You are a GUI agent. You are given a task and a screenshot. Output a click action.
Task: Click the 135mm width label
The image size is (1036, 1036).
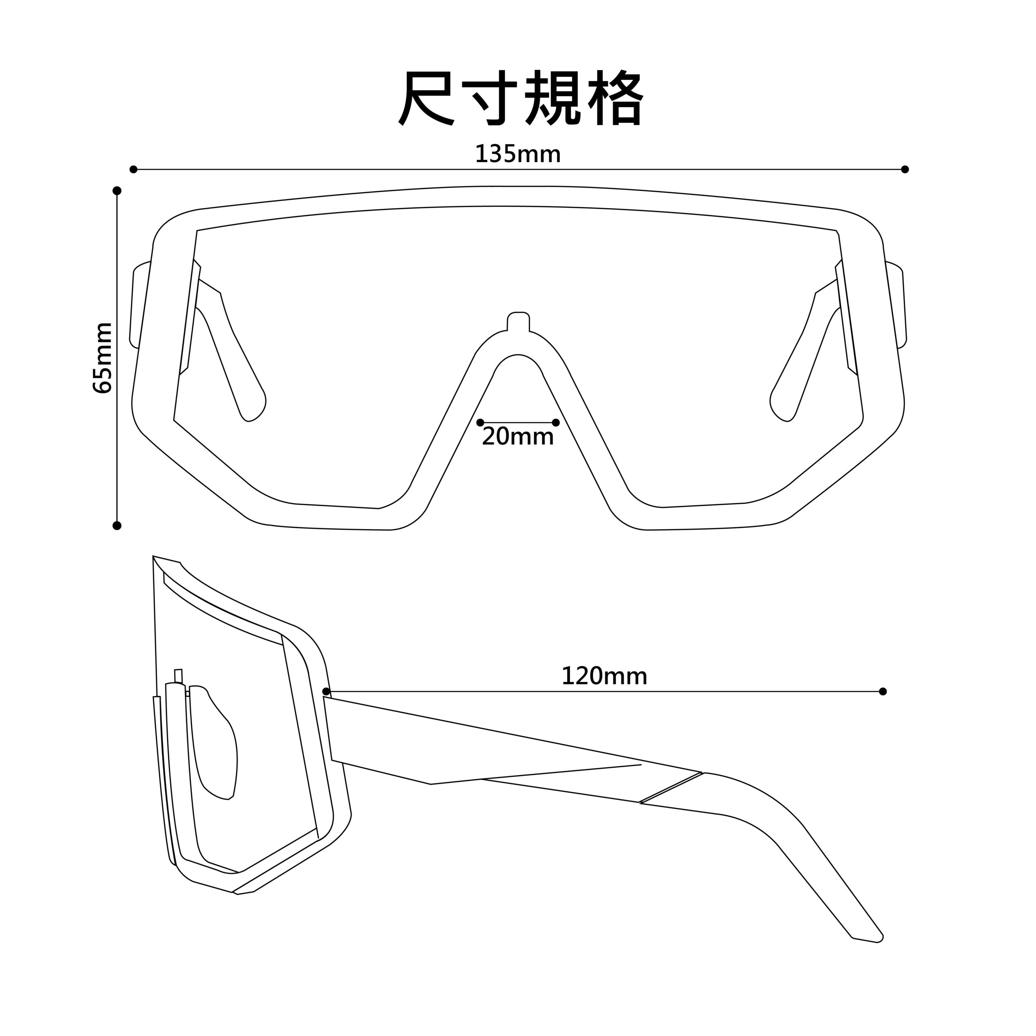pos(518,155)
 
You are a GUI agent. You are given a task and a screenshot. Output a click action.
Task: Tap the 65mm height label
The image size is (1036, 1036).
pos(103,358)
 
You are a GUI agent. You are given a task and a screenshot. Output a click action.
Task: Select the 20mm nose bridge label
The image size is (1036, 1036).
pos(518,437)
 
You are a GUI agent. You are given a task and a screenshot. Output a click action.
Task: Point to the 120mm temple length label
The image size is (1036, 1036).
pos(604,676)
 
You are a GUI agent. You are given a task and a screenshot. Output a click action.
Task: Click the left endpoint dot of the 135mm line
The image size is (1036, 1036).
pos(134,170)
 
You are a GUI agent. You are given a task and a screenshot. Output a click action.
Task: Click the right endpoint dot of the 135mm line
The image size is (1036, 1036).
pos(905,170)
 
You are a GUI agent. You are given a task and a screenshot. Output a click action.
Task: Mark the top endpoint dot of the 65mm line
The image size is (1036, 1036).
pos(117,190)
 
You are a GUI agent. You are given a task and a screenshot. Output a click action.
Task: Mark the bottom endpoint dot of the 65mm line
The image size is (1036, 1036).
pos(117,526)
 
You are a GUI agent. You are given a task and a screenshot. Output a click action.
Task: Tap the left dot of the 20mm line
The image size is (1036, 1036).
pos(480,422)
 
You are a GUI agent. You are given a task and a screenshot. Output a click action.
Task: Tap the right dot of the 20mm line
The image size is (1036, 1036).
pos(556,422)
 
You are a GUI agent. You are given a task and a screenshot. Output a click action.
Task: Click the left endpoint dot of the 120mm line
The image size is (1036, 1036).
pos(326,692)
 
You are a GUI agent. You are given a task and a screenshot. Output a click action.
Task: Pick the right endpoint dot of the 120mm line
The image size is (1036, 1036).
pos(883,692)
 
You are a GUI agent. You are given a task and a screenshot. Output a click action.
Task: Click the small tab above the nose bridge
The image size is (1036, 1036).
pos(518,321)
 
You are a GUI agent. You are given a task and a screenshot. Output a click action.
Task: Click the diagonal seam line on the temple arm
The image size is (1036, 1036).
pos(671,788)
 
